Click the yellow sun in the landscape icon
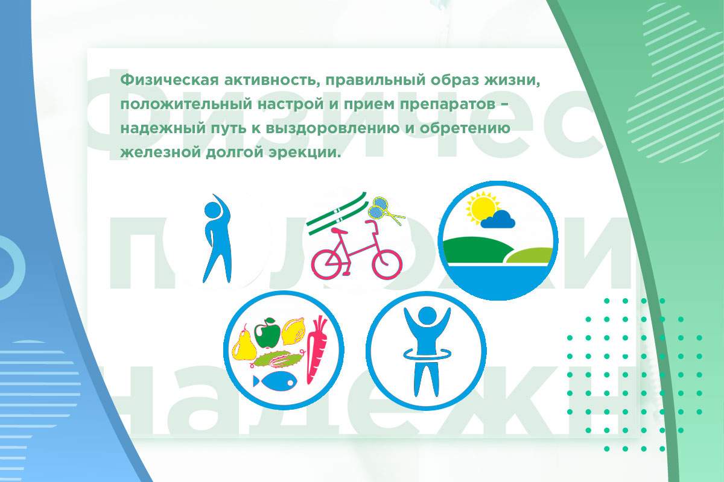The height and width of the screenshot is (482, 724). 483,208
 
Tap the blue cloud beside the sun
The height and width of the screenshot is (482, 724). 500,221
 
